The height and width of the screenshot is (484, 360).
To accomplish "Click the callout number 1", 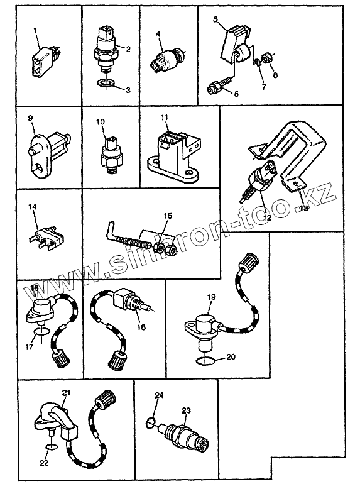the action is point(35,31).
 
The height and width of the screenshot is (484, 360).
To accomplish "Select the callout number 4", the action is point(158,34).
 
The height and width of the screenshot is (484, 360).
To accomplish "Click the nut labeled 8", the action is point(266,58).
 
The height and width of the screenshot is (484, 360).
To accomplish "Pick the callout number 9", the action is point(30,118).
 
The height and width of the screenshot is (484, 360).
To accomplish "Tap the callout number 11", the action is point(164,118).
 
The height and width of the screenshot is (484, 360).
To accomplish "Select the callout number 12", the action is point(267,217).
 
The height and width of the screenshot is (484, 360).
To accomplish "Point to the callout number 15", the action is point(168,216).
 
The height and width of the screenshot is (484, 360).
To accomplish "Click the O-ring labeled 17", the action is point(41,332).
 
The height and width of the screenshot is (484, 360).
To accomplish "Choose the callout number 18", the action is point(141,327).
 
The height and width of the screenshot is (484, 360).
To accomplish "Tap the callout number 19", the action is point(211,297).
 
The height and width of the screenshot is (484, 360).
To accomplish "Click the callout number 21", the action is point(66,393).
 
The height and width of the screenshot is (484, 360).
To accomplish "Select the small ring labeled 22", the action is point(52,447).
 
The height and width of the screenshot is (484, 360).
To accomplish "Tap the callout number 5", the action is point(215,19).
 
